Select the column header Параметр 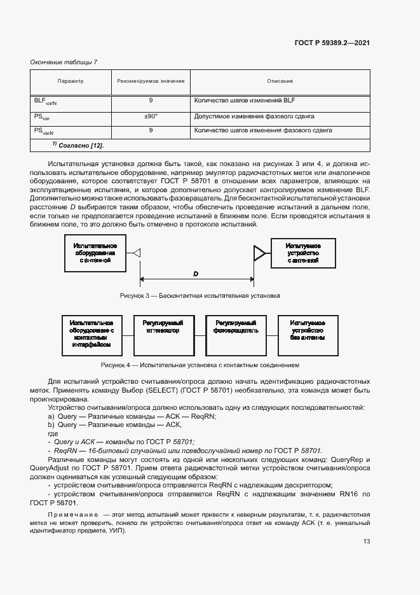(x=71, y=81)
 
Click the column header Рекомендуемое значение (x=151, y=81)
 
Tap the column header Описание (x=280, y=81)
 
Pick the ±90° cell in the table (x=151, y=117)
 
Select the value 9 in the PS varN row (x=151, y=131)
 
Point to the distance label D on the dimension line (x=196, y=274)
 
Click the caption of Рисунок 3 (x=200, y=296)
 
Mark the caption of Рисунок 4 (x=200, y=365)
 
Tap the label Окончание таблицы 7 (x=64, y=62)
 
